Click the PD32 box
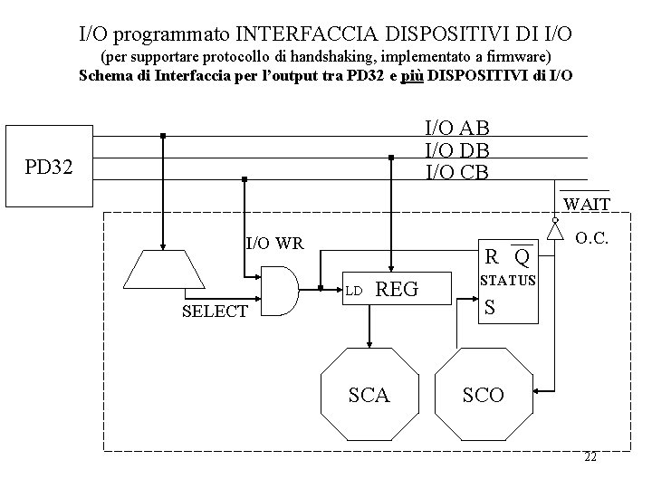tap(49, 168)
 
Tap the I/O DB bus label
tap(456, 150)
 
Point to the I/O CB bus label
tap(456, 170)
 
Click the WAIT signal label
tap(586, 204)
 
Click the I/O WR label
tap(274, 243)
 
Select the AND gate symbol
tap(281, 288)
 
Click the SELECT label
tap(215, 312)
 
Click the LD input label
tap(354, 292)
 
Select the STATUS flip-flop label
tap(508, 281)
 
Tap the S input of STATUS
tap(490, 308)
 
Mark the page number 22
tap(590, 457)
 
